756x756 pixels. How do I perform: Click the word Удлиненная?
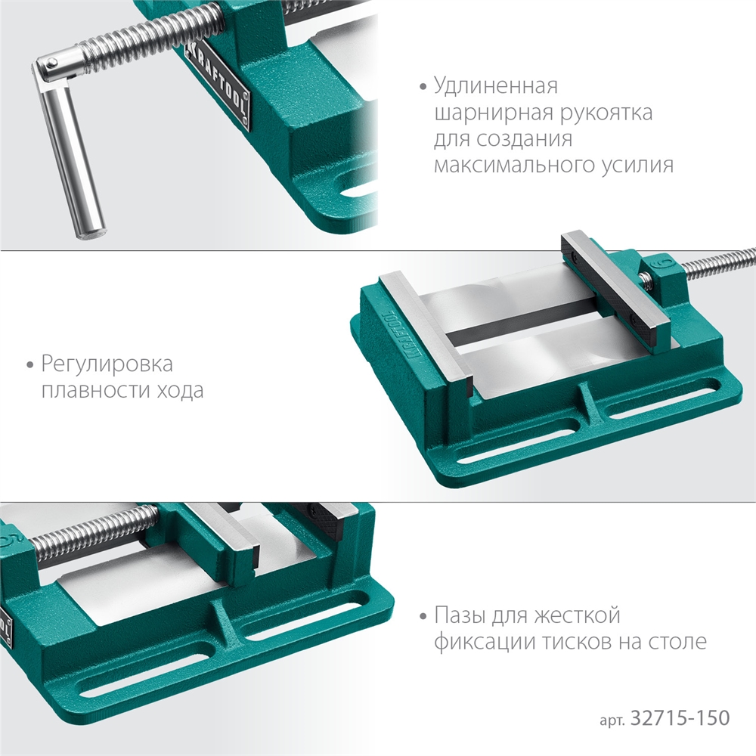495,85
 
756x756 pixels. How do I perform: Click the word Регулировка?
107,364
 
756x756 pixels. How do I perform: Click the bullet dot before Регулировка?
30,366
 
